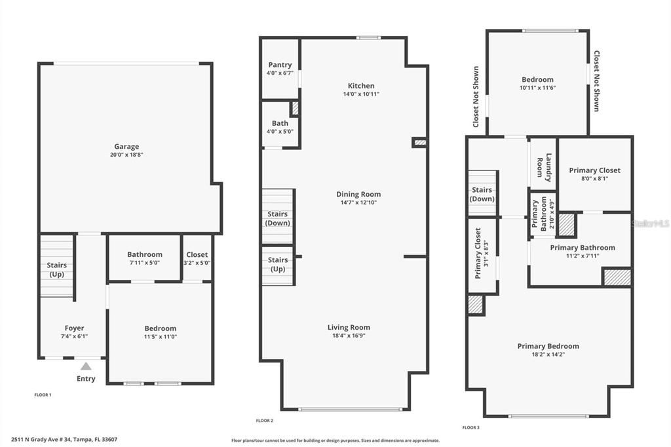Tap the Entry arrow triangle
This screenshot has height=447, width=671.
click(86, 366)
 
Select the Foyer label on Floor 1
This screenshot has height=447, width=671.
click(74, 328)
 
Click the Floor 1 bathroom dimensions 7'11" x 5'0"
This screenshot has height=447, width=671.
click(145, 263)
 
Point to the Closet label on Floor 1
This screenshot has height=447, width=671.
click(197, 254)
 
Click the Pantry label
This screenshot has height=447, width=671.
click(280, 65)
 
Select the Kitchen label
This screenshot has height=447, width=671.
click(361, 86)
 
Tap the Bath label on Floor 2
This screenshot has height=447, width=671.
click(280, 123)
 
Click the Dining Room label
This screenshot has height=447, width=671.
click(358, 194)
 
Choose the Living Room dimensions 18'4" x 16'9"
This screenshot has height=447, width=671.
click(349, 336)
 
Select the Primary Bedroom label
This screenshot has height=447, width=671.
click(548, 346)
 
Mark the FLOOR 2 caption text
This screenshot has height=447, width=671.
click(264, 420)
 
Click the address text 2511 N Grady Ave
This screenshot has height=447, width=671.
click(64, 439)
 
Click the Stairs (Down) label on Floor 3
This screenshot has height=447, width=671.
click(483, 195)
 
